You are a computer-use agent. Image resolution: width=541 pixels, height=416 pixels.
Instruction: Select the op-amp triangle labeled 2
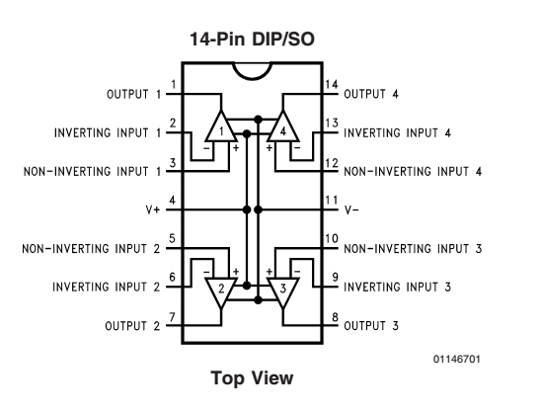(221, 291)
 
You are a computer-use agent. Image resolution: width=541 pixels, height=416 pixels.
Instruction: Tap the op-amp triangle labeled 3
(283, 291)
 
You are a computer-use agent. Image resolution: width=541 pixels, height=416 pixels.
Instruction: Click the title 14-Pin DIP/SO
(252, 39)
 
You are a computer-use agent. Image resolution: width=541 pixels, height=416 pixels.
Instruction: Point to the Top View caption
(252, 377)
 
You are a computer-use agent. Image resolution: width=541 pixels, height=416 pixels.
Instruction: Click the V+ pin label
(153, 209)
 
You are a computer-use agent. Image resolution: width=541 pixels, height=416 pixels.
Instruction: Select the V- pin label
(351, 209)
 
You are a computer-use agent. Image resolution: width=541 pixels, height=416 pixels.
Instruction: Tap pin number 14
(332, 85)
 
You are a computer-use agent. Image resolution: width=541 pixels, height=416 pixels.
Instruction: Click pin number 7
(172, 316)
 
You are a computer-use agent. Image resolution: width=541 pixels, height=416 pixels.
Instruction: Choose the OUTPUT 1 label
(134, 94)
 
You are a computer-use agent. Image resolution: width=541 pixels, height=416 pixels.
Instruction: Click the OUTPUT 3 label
(371, 326)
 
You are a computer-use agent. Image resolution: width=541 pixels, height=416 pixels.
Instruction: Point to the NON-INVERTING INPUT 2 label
(91, 249)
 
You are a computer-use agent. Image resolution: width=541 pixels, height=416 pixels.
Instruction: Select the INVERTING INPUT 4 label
(398, 133)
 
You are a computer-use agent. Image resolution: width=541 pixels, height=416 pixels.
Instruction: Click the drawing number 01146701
(456, 359)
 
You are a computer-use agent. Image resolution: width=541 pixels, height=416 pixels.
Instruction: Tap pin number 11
(332, 201)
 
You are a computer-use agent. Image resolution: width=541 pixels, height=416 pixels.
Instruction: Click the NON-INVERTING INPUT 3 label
(413, 249)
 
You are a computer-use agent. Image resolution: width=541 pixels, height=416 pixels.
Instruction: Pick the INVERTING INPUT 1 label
(108, 133)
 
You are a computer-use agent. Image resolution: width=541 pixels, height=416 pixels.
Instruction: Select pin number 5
(172, 239)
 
